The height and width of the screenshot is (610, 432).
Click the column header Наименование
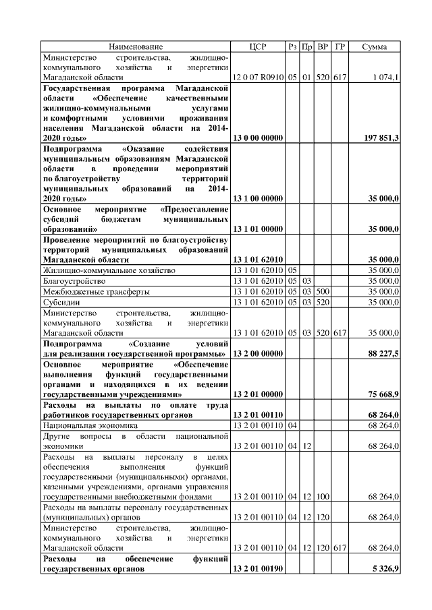[x=136, y=47]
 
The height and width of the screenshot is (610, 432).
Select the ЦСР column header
[x=258, y=47]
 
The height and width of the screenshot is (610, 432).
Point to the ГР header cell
[x=340, y=47]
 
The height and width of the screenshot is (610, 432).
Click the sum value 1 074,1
[x=386, y=78]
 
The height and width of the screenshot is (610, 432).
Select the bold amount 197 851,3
[x=381, y=138]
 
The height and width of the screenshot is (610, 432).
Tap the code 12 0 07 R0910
[x=258, y=78]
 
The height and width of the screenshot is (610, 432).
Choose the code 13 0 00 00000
[x=258, y=138]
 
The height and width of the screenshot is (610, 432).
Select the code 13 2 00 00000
[x=258, y=353]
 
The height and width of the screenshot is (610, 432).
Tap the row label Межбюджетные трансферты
[x=96, y=292]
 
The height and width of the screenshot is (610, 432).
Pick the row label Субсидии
[x=59, y=303]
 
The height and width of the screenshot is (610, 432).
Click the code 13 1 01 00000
[x=258, y=229]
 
